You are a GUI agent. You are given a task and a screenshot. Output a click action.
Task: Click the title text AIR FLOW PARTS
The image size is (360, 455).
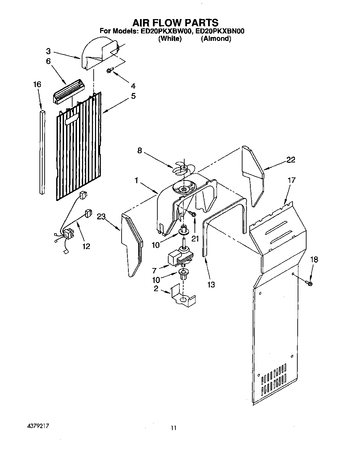pos(175,22)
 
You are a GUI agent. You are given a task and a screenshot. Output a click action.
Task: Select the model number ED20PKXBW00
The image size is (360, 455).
pos(165,31)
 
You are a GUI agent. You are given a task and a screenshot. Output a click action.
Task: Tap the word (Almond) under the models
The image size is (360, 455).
pos(216,38)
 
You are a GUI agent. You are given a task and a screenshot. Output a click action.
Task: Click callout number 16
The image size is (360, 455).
pos(37,84)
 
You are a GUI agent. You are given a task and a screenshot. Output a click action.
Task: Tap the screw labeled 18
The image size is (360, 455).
pos(310,283)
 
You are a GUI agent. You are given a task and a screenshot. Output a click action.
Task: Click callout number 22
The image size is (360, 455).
pos(291,160)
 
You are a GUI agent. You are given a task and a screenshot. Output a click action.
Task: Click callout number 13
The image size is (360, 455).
pos(211,284)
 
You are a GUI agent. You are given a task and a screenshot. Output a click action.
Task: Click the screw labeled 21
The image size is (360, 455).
pos(192,214)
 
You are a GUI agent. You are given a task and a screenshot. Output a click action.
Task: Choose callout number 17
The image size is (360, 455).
pos(292,180)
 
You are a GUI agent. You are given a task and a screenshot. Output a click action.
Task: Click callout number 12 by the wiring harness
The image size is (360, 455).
pos(86,246)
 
